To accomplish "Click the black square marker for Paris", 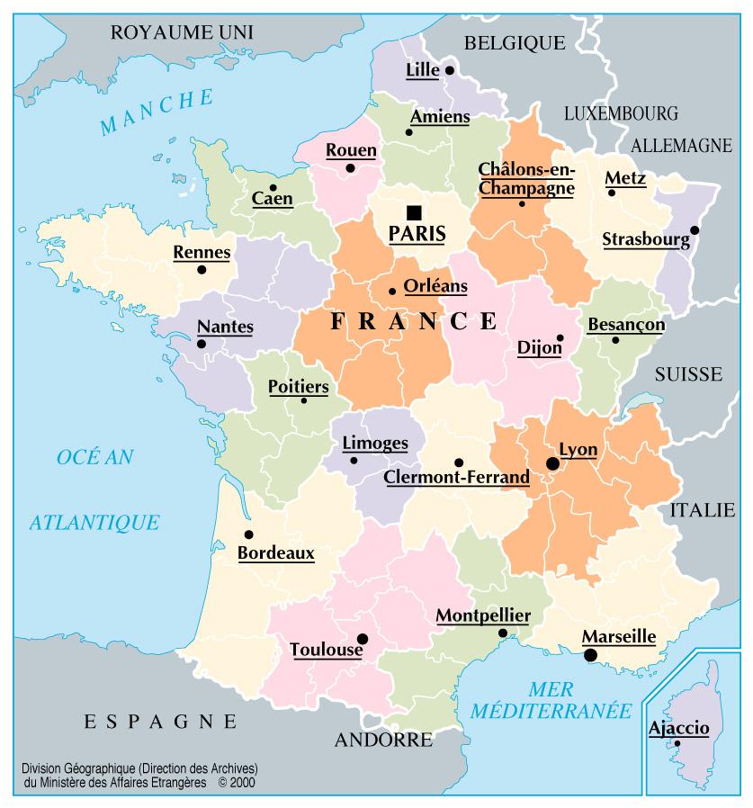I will (x=414, y=212).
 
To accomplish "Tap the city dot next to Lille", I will (x=449, y=69).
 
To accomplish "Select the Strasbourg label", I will (x=645, y=239).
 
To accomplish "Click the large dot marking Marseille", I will (x=590, y=655).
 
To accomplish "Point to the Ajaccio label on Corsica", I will (x=678, y=728).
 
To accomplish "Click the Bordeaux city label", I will (x=275, y=553).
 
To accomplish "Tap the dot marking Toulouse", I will (x=362, y=639).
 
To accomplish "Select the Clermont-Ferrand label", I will (x=456, y=478).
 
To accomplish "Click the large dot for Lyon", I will (x=552, y=463).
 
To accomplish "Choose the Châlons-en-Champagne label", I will (x=526, y=178).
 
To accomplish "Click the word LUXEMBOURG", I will (x=620, y=113).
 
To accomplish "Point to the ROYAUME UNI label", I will (x=182, y=33).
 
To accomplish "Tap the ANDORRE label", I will (x=383, y=741).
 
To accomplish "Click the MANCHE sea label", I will (x=157, y=112).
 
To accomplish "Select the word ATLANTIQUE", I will (x=94, y=522).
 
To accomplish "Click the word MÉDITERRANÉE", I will (x=551, y=710).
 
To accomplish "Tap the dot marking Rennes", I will (x=202, y=269).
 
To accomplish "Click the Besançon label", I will (x=626, y=324).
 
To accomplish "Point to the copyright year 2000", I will (x=243, y=783).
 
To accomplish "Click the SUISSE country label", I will (x=688, y=373).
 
